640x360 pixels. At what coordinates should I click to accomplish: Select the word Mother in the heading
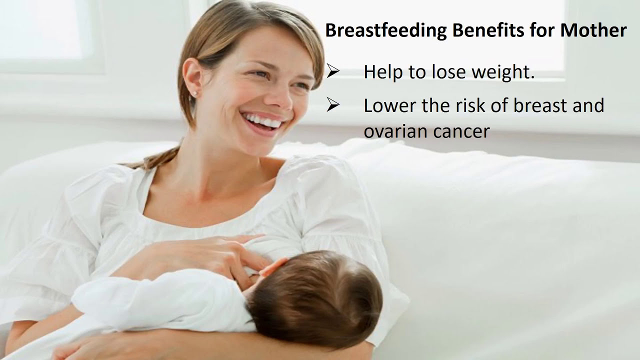click(593, 31)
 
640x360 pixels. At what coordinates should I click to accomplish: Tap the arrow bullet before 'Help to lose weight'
click(333, 72)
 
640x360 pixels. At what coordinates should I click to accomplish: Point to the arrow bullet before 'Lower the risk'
click(333, 105)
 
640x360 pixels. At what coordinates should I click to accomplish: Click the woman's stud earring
click(195, 93)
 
